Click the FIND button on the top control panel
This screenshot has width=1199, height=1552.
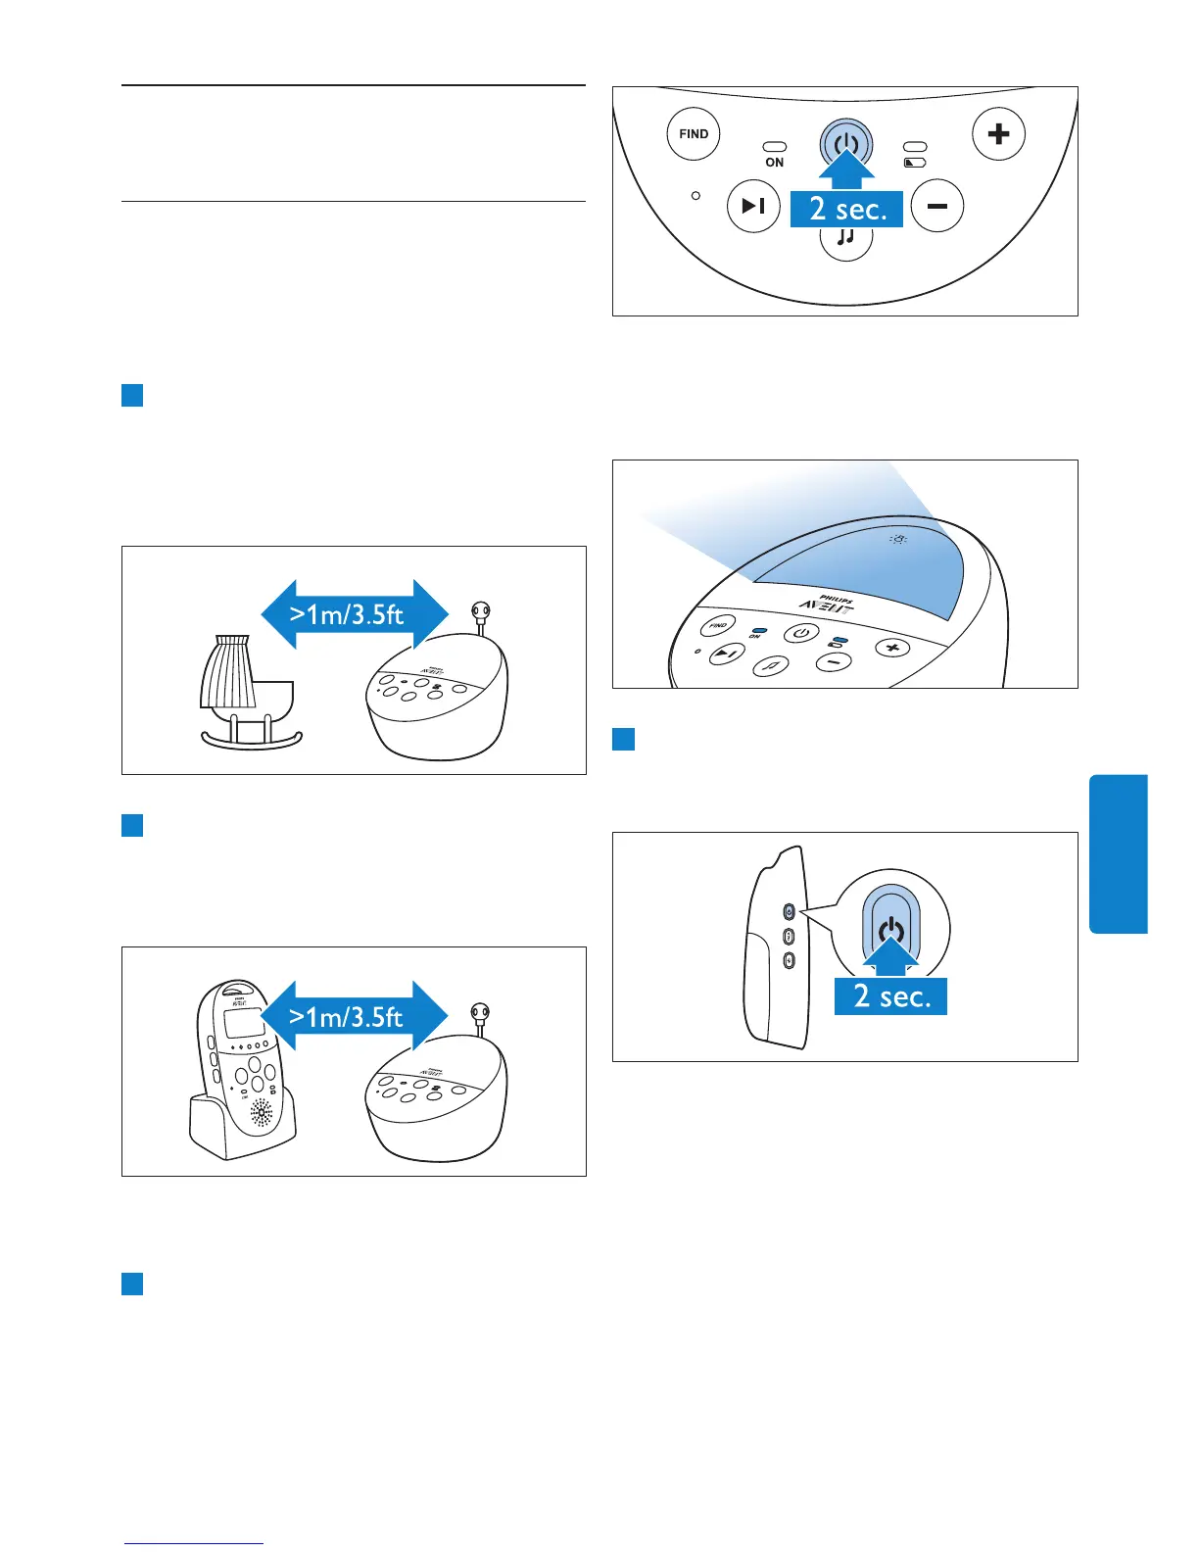coord(694,134)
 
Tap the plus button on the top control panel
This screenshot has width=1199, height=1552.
coord(998,134)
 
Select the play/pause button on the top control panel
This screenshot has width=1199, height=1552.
coord(753,207)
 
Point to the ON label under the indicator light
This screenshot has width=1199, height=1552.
coord(775,163)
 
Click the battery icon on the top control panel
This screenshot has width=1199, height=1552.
coord(914,163)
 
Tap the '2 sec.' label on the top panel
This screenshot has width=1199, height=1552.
coord(847,210)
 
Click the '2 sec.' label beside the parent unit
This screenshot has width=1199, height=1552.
coord(890,995)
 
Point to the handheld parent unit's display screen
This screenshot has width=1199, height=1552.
coord(243,1024)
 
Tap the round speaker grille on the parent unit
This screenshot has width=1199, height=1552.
coord(262,1112)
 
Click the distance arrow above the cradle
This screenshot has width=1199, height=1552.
coord(354,614)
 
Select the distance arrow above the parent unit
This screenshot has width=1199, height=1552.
coord(354,1017)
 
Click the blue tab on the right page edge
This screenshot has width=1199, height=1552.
coord(1118,853)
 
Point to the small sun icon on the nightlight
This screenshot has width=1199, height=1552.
coord(898,539)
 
